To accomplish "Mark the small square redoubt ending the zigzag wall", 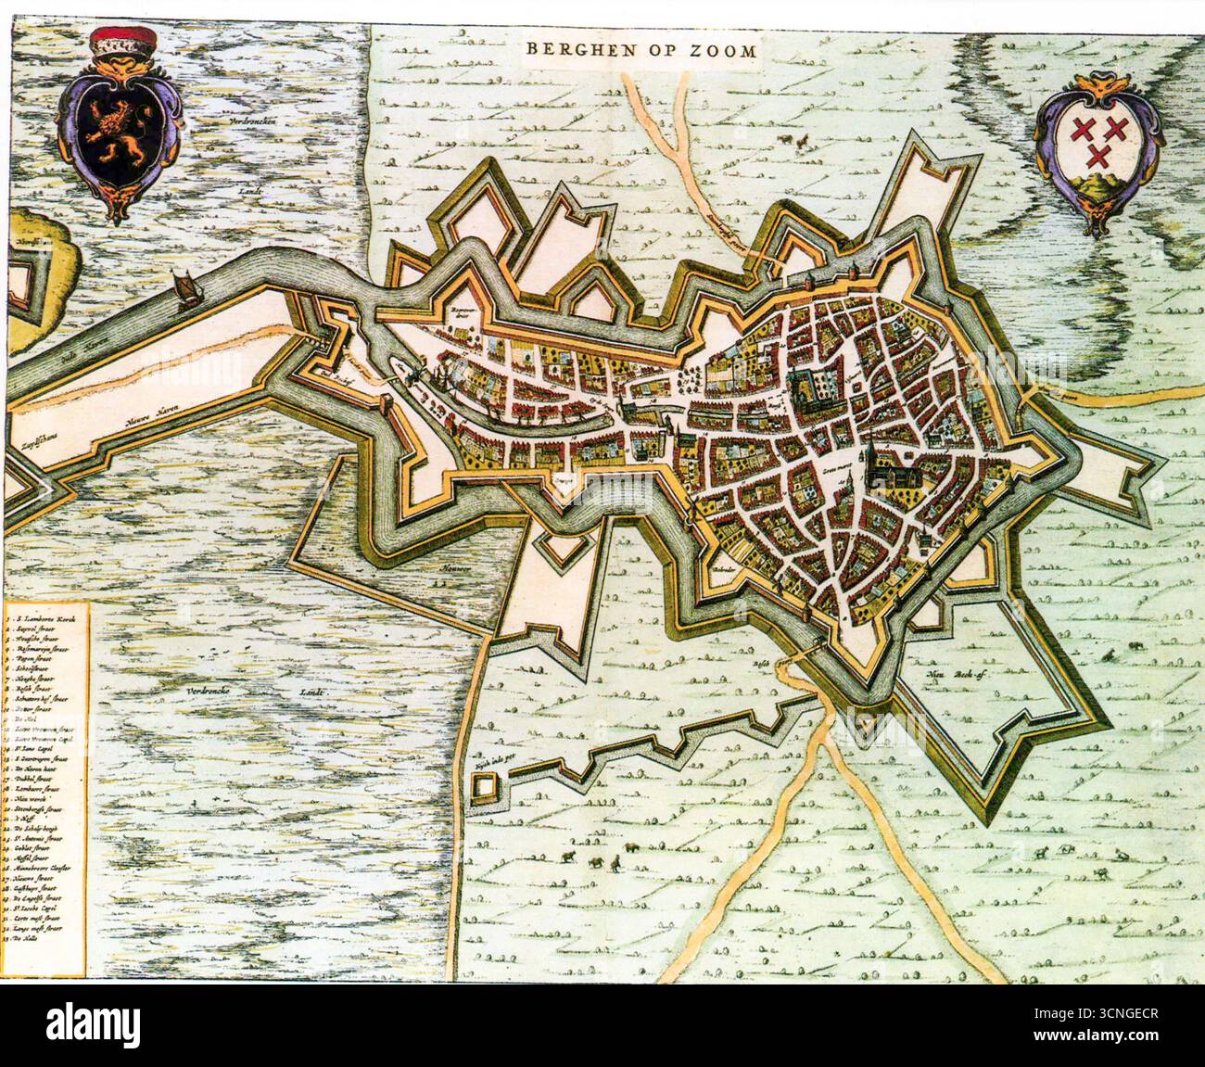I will tap(483, 788).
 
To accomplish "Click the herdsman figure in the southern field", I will tap(612, 862).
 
